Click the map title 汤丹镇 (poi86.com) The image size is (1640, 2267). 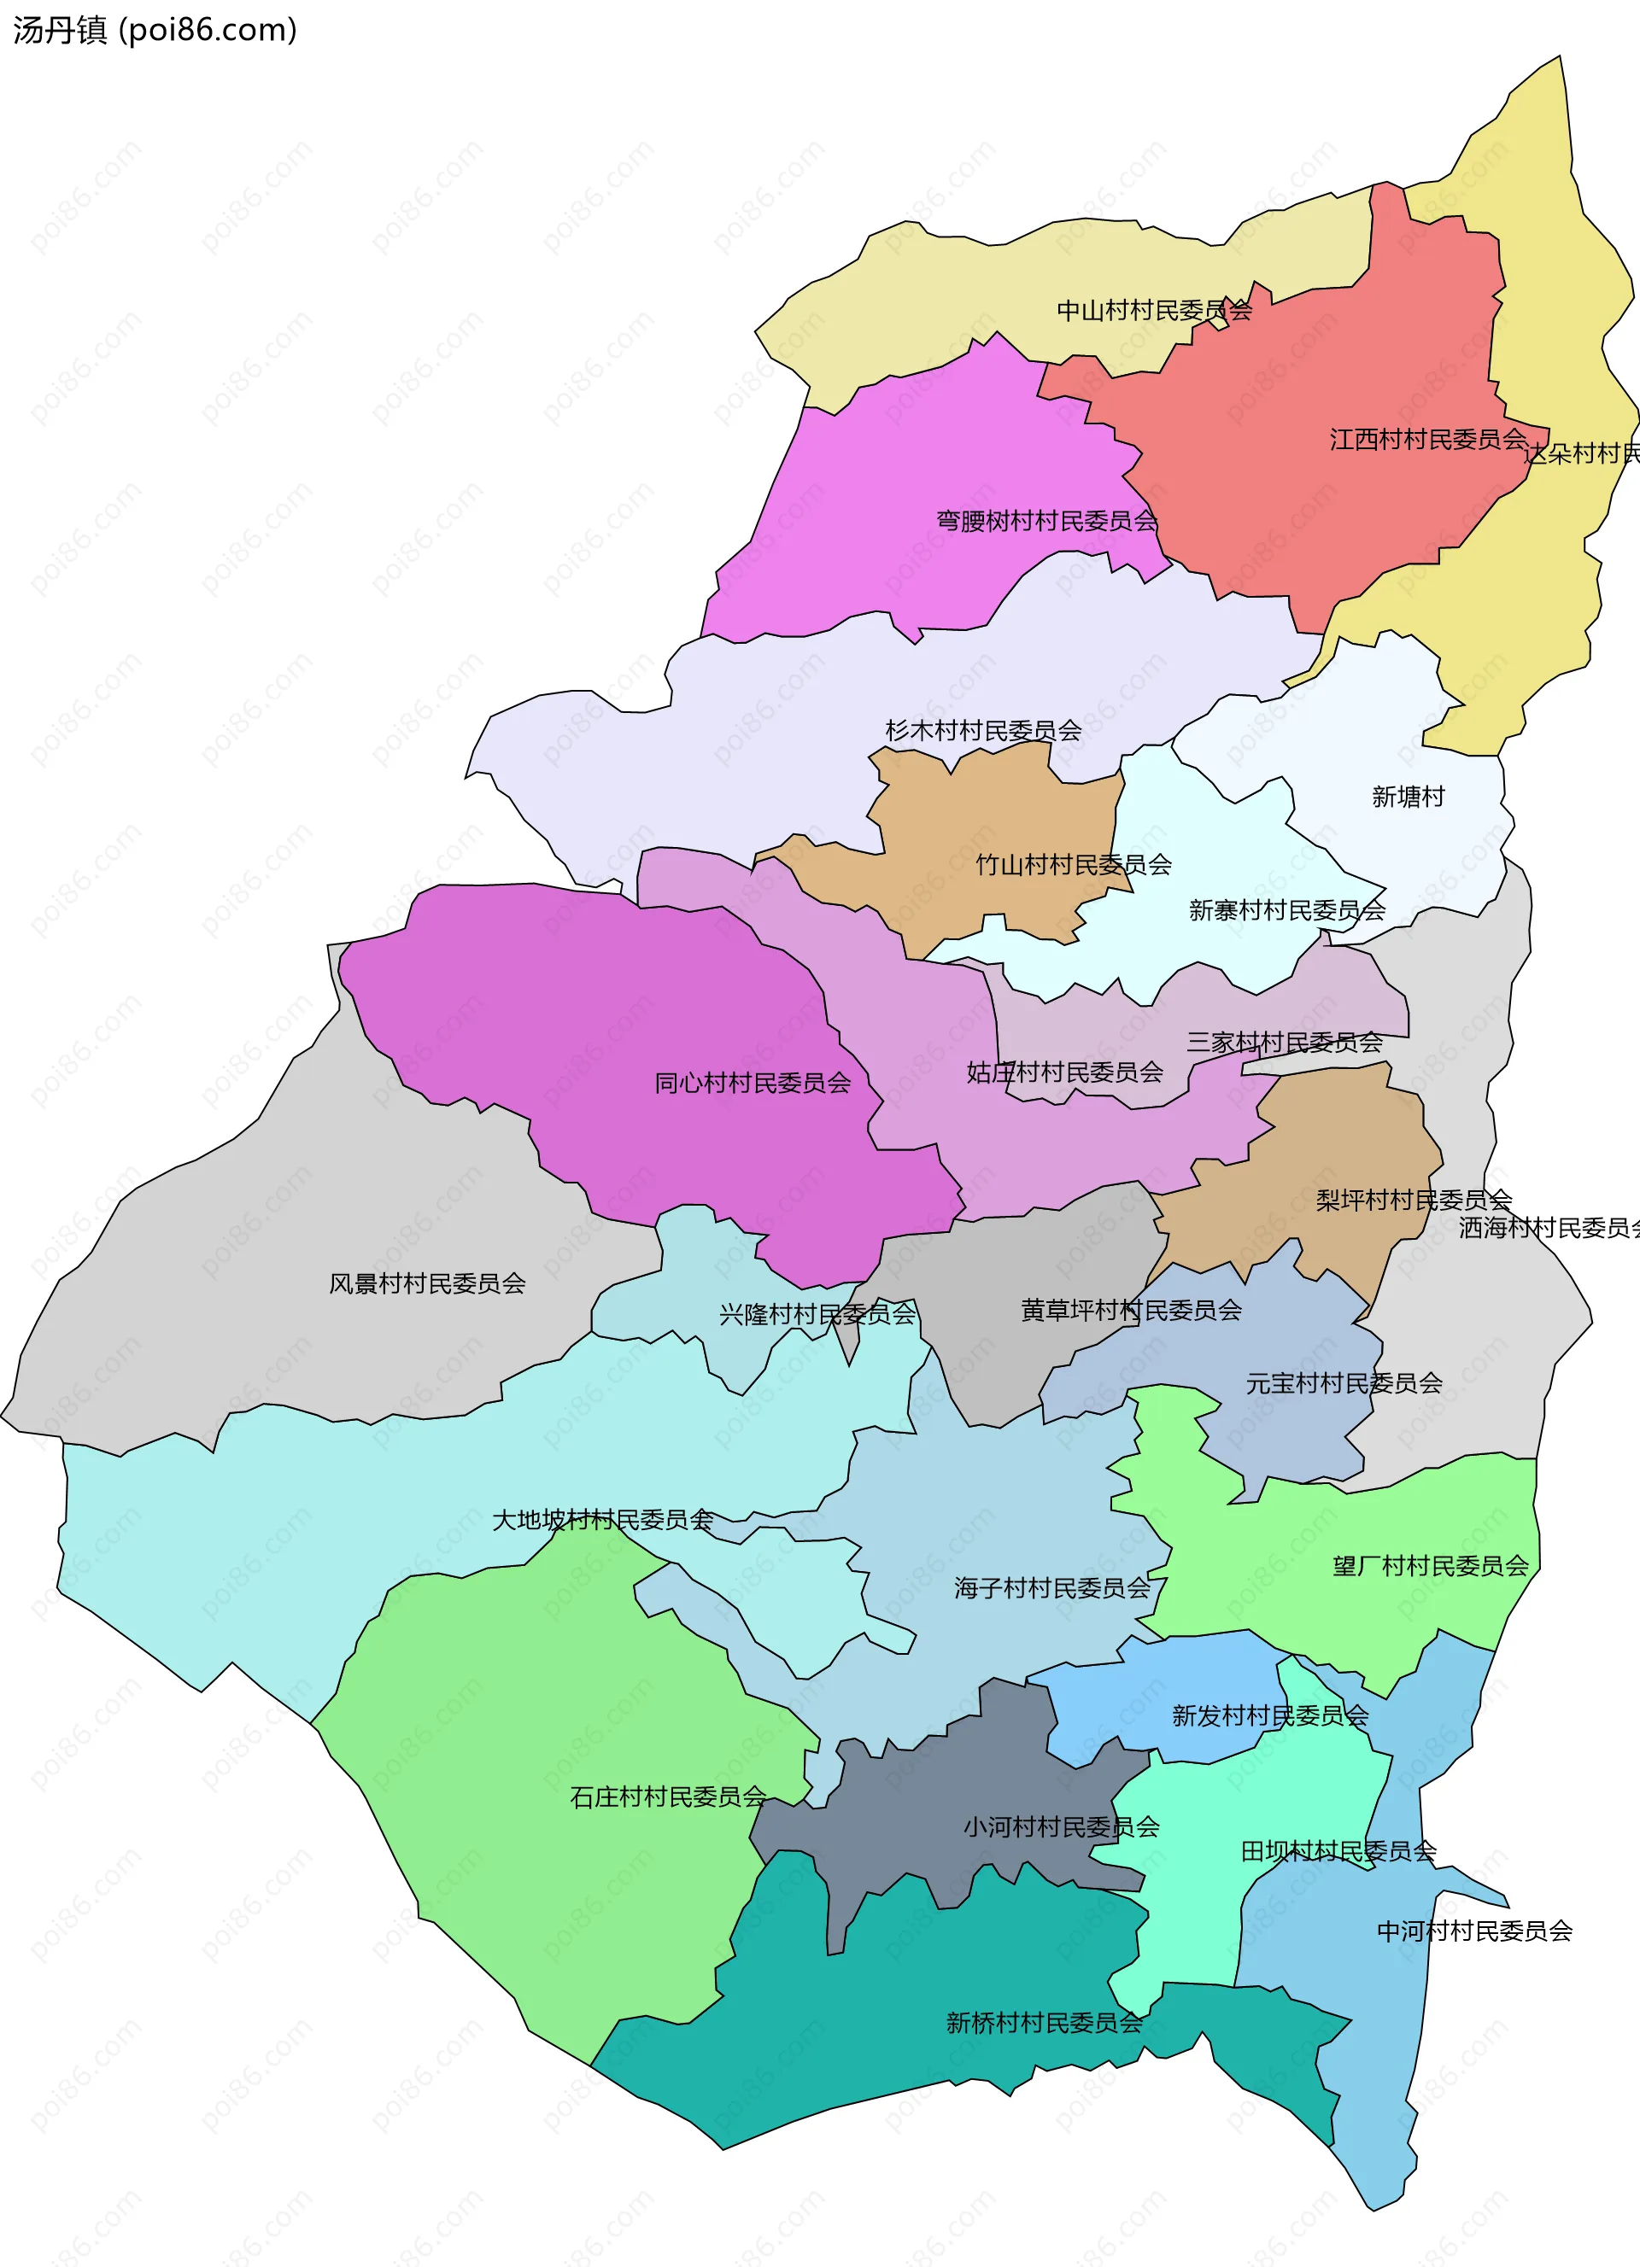pos(155,30)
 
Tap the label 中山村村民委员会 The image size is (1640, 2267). pos(1154,311)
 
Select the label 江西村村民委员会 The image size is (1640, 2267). pos(1428,439)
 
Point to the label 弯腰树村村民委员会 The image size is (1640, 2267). pos(1046,521)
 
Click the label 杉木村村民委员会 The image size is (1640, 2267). pos(983,731)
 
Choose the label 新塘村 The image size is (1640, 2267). pos(1408,797)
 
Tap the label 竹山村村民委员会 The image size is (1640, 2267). pos(1073,865)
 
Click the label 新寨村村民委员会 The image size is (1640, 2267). pos(1287,910)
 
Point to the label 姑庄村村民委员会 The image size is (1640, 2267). pos(1064,1072)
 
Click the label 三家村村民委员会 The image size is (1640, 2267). pos(1284,1043)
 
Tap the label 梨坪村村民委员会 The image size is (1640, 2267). pos(1413,1200)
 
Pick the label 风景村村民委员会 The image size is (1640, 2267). pos(427,1283)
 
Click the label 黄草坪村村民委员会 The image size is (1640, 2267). pos(1131,1311)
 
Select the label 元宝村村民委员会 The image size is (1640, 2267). pos(1343,1383)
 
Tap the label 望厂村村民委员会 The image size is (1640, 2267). pos(1430,1566)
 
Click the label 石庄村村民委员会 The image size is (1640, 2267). pos(668,1797)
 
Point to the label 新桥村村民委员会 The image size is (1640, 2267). pos(1044,2023)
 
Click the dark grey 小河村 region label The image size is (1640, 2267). pos(1061,1827)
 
